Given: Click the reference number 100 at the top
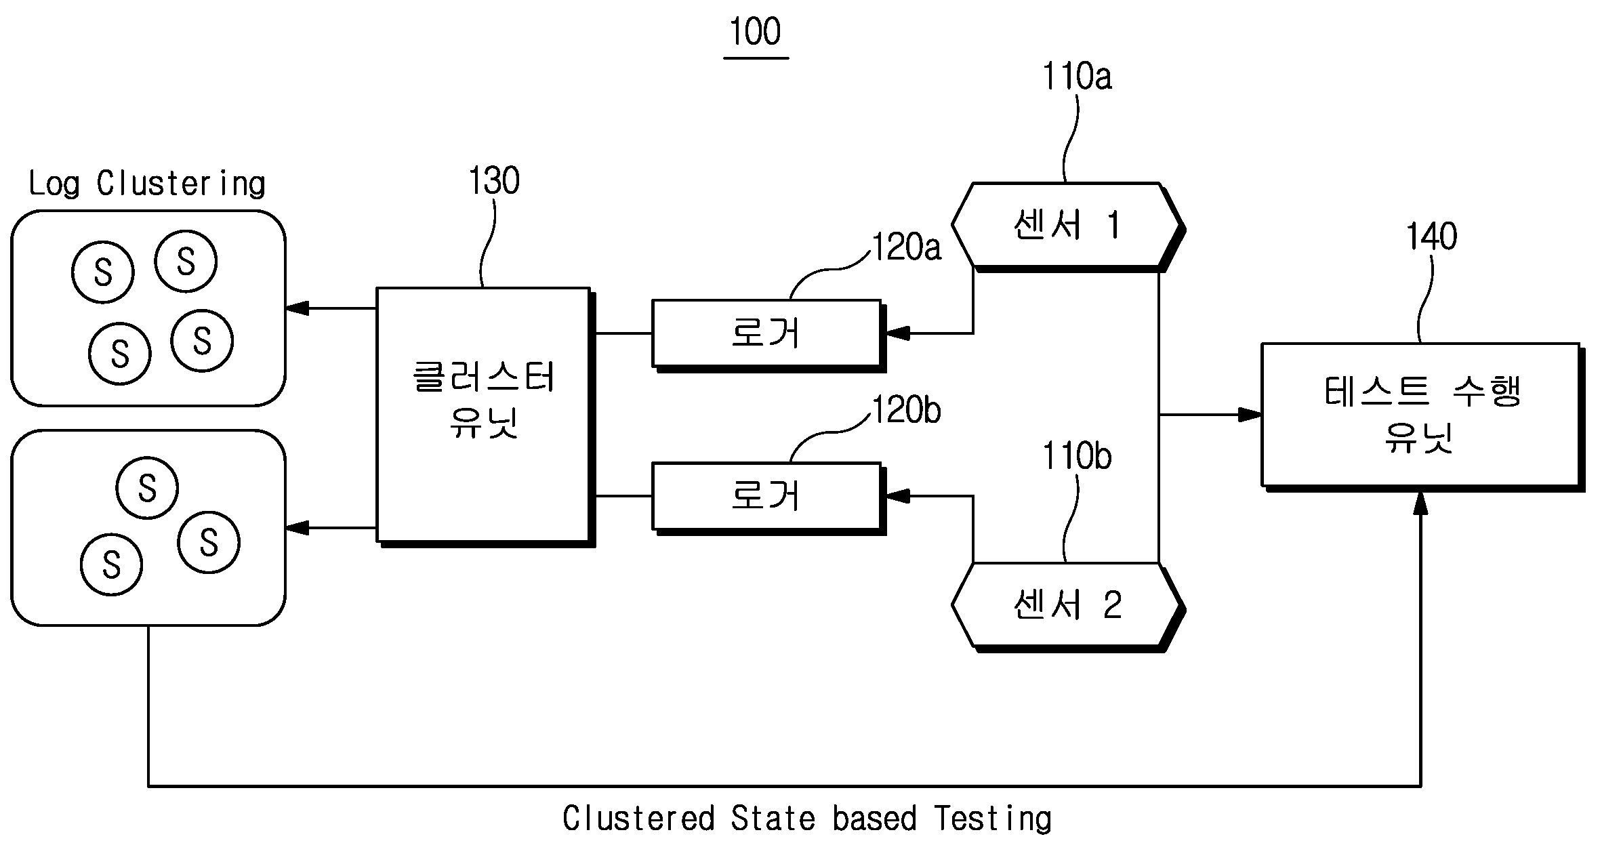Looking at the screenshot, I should coord(756,33).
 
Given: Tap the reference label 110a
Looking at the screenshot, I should coord(1077,77).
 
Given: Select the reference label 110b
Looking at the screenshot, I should coord(1077,457).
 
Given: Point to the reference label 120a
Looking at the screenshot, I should coord(907,247).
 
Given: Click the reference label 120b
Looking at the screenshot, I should coord(907,411).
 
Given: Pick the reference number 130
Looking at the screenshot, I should coord(494,181).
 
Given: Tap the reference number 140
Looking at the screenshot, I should coord(1431,237).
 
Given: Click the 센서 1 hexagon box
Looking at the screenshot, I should coord(1067,225).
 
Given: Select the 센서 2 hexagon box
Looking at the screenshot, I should coord(1067,604).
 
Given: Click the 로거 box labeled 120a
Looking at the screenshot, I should coord(766,333).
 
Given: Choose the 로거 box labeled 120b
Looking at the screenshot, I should coord(766,496).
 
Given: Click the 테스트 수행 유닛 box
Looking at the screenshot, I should coord(1420,414).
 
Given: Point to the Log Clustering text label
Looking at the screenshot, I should coord(147,184).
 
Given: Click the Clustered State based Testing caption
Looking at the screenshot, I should coord(806,818).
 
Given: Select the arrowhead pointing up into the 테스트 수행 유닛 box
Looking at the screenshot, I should coord(1421,503).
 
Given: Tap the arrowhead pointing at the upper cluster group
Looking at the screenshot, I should coord(297,308).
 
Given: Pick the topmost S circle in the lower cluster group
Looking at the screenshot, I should coord(147,488).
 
